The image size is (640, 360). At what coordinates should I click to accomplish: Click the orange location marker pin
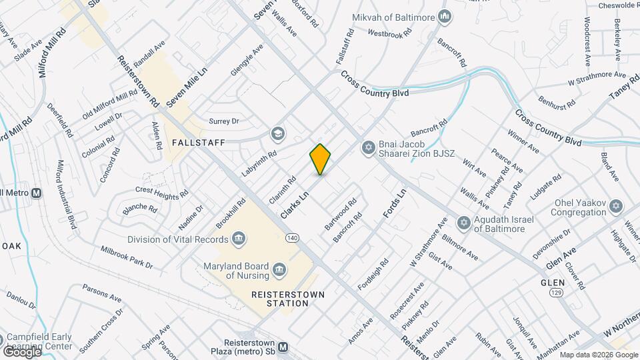tap(321, 159)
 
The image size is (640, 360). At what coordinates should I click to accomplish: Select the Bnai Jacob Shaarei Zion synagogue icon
tap(367, 148)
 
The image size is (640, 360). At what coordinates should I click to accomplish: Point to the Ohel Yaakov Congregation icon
tap(616, 207)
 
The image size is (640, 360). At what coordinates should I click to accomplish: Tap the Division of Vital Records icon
tap(239, 238)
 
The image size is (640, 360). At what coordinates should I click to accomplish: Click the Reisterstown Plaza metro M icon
tap(283, 347)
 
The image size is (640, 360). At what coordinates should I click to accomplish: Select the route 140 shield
tap(291, 238)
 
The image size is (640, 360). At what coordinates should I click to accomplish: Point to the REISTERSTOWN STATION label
tap(280, 299)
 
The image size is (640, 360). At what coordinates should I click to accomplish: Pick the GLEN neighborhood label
tap(553, 283)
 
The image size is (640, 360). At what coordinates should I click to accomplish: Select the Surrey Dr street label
tap(223, 121)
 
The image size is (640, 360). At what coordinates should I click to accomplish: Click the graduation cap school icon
tap(277, 135)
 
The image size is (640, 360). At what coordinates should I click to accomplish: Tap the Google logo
tap(21, 351)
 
